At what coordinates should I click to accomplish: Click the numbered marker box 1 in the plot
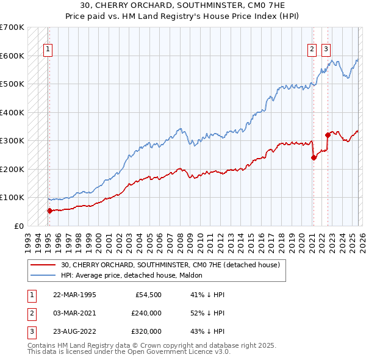click(x=48, y=50)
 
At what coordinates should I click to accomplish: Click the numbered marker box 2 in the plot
click(x=312, y=50)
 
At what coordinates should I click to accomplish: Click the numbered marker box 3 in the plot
click(x=326, y=50)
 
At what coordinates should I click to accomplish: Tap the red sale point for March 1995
click(x=49, y=211)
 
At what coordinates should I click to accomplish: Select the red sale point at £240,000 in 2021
click(x=314, y=157)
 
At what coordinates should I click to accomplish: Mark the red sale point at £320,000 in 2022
click(x=328, y=135)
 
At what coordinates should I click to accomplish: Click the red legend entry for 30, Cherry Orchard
click(x=170, y=265)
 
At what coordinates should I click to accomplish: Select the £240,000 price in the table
click(x=146, y=313)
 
